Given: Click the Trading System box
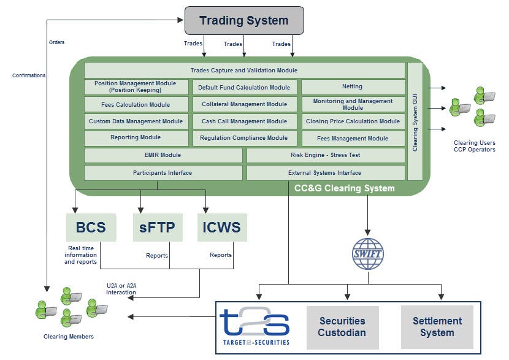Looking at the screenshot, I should click(244, 20).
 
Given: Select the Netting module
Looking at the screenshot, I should click(353, 87).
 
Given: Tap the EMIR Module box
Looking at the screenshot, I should click(163, 155).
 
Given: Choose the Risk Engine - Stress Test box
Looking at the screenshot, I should click(325, 155).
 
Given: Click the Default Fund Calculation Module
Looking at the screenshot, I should click(244, 87).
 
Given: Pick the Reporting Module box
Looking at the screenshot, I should click(136, 138).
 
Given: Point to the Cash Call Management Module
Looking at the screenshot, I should click(244, 121).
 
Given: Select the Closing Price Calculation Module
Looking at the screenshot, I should click(353, 121).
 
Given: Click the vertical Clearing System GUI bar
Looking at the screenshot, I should click(415, 121).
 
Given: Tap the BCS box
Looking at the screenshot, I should click(91, 228).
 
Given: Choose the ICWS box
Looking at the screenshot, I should click(222, 228).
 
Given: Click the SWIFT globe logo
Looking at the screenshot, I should click(368, 253).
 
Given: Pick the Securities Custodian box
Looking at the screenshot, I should click(342, 327).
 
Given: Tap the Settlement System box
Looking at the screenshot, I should click(437, 327).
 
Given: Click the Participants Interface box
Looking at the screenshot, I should click(163, 173).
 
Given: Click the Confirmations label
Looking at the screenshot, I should click(29, 75).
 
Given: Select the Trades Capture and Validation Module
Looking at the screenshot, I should click(244, 71).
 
